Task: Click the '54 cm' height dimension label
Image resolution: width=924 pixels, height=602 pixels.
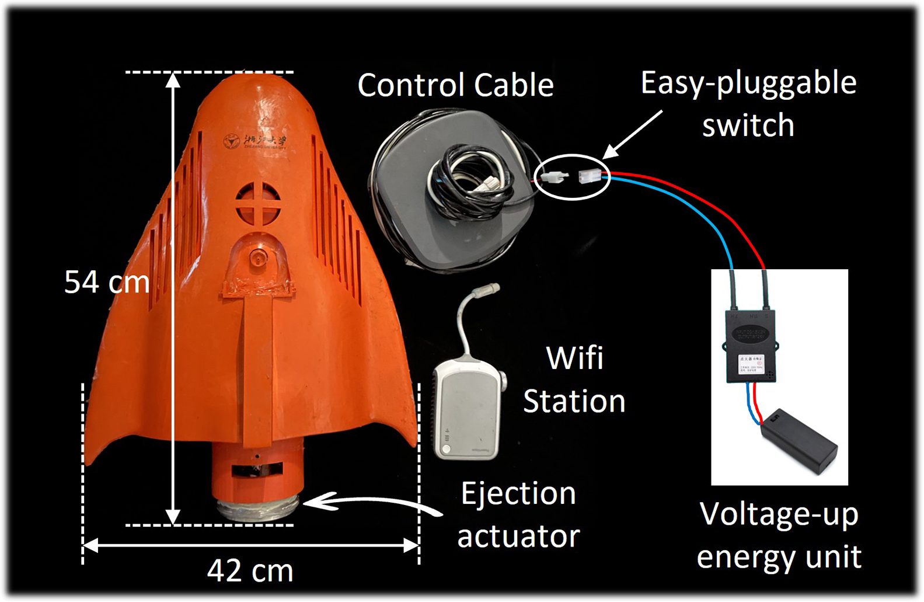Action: [107, 282]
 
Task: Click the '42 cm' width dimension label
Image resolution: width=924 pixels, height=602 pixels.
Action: [250, 570]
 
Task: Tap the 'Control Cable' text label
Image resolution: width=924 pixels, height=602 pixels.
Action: [455, 85]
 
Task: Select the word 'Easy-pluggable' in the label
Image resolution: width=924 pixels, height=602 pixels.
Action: [748, 83]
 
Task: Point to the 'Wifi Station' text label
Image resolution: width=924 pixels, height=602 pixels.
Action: [574, 380]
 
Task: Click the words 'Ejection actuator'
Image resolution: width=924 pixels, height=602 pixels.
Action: [518, 514]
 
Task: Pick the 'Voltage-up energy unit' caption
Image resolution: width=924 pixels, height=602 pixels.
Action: [779, 535]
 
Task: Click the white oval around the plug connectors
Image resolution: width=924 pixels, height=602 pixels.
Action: [572, 156]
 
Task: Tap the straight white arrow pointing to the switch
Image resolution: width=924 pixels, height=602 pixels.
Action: [633, 134]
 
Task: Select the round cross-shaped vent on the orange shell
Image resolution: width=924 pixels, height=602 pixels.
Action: [258, 203]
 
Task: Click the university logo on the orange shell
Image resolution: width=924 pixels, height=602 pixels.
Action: [232, 141]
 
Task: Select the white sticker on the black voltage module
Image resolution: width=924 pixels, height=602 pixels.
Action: [751, 364]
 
